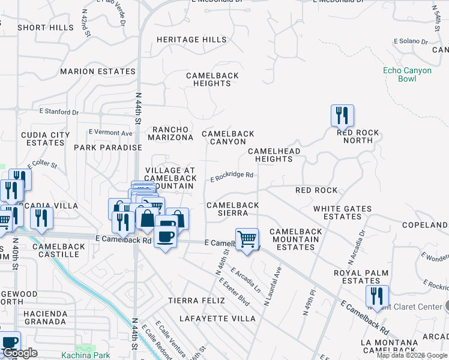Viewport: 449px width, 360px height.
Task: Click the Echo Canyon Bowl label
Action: point(407,74)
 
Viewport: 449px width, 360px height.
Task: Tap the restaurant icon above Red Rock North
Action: point(342,115)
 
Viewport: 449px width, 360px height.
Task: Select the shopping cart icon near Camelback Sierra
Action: point(247,239)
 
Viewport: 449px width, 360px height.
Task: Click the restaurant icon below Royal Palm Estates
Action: point(377,296)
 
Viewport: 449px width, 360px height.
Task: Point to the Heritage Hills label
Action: point(191,40)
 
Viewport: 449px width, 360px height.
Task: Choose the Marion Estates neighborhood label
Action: point(98,71)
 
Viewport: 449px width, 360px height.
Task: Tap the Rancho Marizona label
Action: point(172,133)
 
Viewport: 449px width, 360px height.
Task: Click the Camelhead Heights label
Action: point(274,155)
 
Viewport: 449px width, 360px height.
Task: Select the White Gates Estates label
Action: point(342,212)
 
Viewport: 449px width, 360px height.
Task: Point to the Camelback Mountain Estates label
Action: point(295,239)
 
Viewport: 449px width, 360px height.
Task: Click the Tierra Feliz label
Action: point(191,300)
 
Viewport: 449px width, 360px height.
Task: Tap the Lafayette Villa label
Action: point(212,318)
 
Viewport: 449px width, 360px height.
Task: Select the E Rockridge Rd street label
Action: point(232,177)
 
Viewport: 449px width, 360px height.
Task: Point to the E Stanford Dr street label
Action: point(59,112)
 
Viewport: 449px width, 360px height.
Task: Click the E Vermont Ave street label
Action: point(110,132)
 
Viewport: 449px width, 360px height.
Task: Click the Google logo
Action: point(20,353)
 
